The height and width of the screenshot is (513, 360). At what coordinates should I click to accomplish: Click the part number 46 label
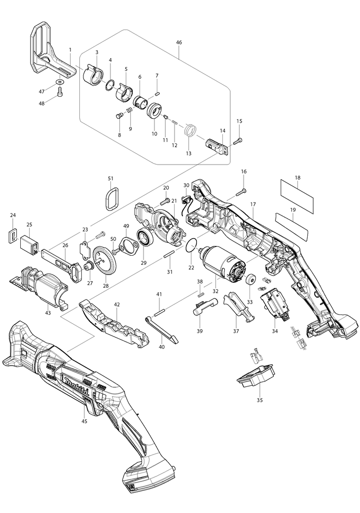point(179,43)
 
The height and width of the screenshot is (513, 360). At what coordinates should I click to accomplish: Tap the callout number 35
point(259,400)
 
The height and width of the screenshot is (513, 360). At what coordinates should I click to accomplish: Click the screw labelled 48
point(60,91)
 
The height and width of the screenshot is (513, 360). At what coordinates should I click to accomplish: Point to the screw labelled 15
point(238,141)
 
